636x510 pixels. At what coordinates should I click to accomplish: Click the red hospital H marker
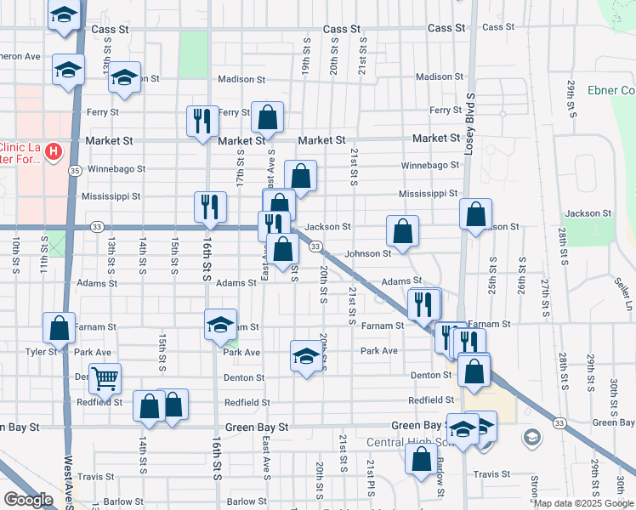click(54, 152)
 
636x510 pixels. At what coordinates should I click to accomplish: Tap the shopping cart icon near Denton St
click(105, 378)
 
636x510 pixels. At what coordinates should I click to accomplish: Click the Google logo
click(28, 500)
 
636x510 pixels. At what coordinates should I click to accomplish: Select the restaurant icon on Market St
click(202, 121)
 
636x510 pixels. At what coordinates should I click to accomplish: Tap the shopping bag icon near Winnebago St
click(300, 176)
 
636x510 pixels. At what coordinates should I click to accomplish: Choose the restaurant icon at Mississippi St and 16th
click(210, 207)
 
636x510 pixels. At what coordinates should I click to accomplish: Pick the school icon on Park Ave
click(305, 355)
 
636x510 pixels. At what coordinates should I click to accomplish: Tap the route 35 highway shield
click(76, 171)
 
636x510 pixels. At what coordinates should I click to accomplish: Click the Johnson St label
click(367, 253)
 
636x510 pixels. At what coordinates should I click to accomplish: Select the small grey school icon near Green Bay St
click(531, 437)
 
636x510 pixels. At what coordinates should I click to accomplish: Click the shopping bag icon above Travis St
click(422, 458)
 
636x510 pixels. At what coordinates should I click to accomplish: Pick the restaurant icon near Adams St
click(423, 303)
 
